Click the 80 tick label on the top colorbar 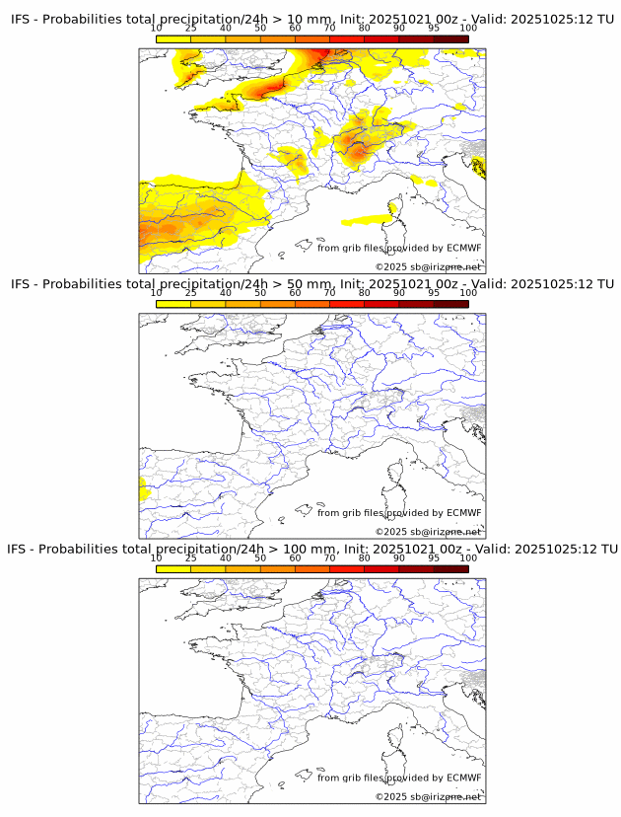coord(365,28)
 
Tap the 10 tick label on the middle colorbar coord(157,293)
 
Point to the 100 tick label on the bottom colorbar coord(468,558)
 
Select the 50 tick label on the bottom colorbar coord(260,558)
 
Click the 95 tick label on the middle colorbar coord(434,293)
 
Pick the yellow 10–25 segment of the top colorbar coord(173,38)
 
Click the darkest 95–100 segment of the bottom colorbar coord(450,569)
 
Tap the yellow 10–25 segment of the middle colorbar coord(173,304)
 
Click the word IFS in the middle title coord(21,283)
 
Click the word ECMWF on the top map coord(464,248)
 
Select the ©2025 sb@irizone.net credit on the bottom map coord(428,796)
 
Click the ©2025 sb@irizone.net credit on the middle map coord(428,531)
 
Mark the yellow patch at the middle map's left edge coord(142,487)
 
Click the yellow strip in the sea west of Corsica coord(365,219)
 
